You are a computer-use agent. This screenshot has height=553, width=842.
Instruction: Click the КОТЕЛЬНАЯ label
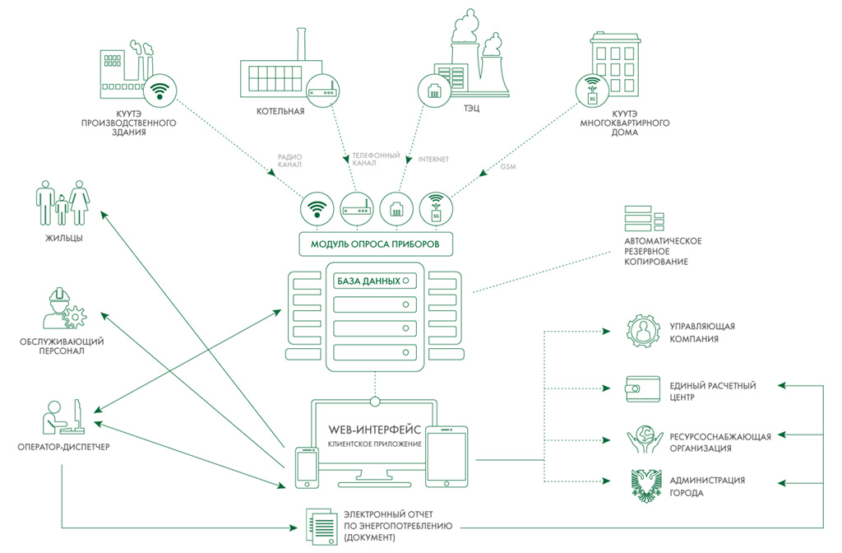(x=280, y=111)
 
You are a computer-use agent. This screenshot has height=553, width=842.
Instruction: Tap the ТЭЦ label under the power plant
(x=471, y=109)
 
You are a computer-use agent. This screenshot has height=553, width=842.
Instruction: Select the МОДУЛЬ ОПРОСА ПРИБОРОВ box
(x=375, y=244)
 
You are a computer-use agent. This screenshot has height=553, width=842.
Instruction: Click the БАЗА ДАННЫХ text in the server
(x=369, y=281)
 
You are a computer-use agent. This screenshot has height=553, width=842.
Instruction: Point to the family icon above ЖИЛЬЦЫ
(x=62, y=202)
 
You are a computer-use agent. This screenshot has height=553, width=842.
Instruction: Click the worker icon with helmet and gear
(x=64, y=309)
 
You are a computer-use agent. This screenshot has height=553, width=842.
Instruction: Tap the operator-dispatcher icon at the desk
(x=64, y=416)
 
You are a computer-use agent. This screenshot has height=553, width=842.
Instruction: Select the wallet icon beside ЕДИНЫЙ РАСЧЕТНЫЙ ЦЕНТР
(x=643, y=389)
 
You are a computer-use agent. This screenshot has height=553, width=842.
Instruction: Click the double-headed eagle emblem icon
(x=645, y=486)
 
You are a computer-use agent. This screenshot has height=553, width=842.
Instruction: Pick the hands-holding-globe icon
(x=645, y=439)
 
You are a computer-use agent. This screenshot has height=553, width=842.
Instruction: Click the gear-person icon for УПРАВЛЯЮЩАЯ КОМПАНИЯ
(x=643, y=332)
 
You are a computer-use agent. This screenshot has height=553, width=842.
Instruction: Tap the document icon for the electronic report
(x=322, y=527)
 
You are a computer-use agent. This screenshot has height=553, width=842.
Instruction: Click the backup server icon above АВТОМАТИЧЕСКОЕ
(x=645, y=218)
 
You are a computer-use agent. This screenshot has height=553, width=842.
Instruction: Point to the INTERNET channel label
(x=433, y=159)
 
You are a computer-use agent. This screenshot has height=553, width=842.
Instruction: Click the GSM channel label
(x=508, y=166)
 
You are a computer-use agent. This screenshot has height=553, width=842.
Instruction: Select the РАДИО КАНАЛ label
(x=289, y=160)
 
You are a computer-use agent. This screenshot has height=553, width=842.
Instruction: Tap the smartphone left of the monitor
(x=308, y=467)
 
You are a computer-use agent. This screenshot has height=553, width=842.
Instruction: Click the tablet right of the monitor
(x=446, y=457)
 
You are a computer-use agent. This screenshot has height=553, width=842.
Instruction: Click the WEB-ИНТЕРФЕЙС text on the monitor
(x=375, y=430)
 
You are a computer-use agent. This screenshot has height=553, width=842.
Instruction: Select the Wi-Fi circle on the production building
(x=160, y=91)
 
